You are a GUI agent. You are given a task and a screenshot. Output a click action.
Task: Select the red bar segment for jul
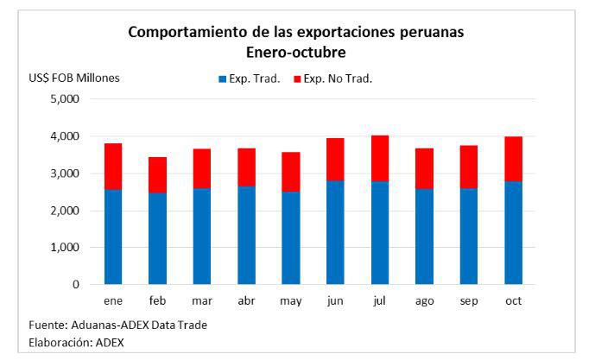380,158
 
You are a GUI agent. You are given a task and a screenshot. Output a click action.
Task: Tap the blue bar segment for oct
514,232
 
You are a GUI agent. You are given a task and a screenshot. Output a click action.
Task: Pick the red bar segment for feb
157,174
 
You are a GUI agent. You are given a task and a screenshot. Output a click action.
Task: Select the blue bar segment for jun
335,232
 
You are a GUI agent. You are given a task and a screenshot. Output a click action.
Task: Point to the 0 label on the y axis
76,285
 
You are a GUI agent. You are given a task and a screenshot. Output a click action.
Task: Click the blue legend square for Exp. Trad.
222,79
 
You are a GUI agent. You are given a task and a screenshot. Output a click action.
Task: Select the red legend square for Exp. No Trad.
298,79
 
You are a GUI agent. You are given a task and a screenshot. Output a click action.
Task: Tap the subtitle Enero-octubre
296,52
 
